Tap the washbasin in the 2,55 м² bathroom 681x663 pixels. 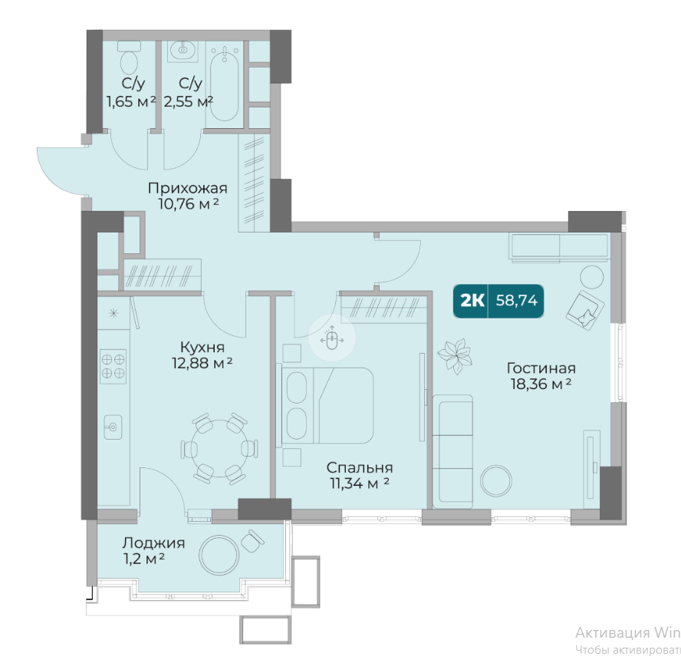coord(183,50)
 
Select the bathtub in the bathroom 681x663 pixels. coord(224,84)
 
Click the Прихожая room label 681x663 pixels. coord(188,189)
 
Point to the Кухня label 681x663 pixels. coord(202,347)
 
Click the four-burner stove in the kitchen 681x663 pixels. coord(113,366)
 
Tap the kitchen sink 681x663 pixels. coord(113,427)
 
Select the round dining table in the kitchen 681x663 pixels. coord(220,448)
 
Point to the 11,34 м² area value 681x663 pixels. coord(360,483)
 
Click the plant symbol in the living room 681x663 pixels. coord(455,355)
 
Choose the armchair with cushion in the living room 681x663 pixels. coord(584,308)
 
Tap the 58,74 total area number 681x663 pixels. coord(516,301)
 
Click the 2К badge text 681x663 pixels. coord(472,301)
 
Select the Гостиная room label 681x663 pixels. coord(541,368)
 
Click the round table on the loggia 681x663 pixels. coord(219,555)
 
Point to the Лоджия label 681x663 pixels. coord(153,543)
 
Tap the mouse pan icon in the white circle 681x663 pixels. coord(332,338)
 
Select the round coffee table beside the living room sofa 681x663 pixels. coord(496,481)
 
